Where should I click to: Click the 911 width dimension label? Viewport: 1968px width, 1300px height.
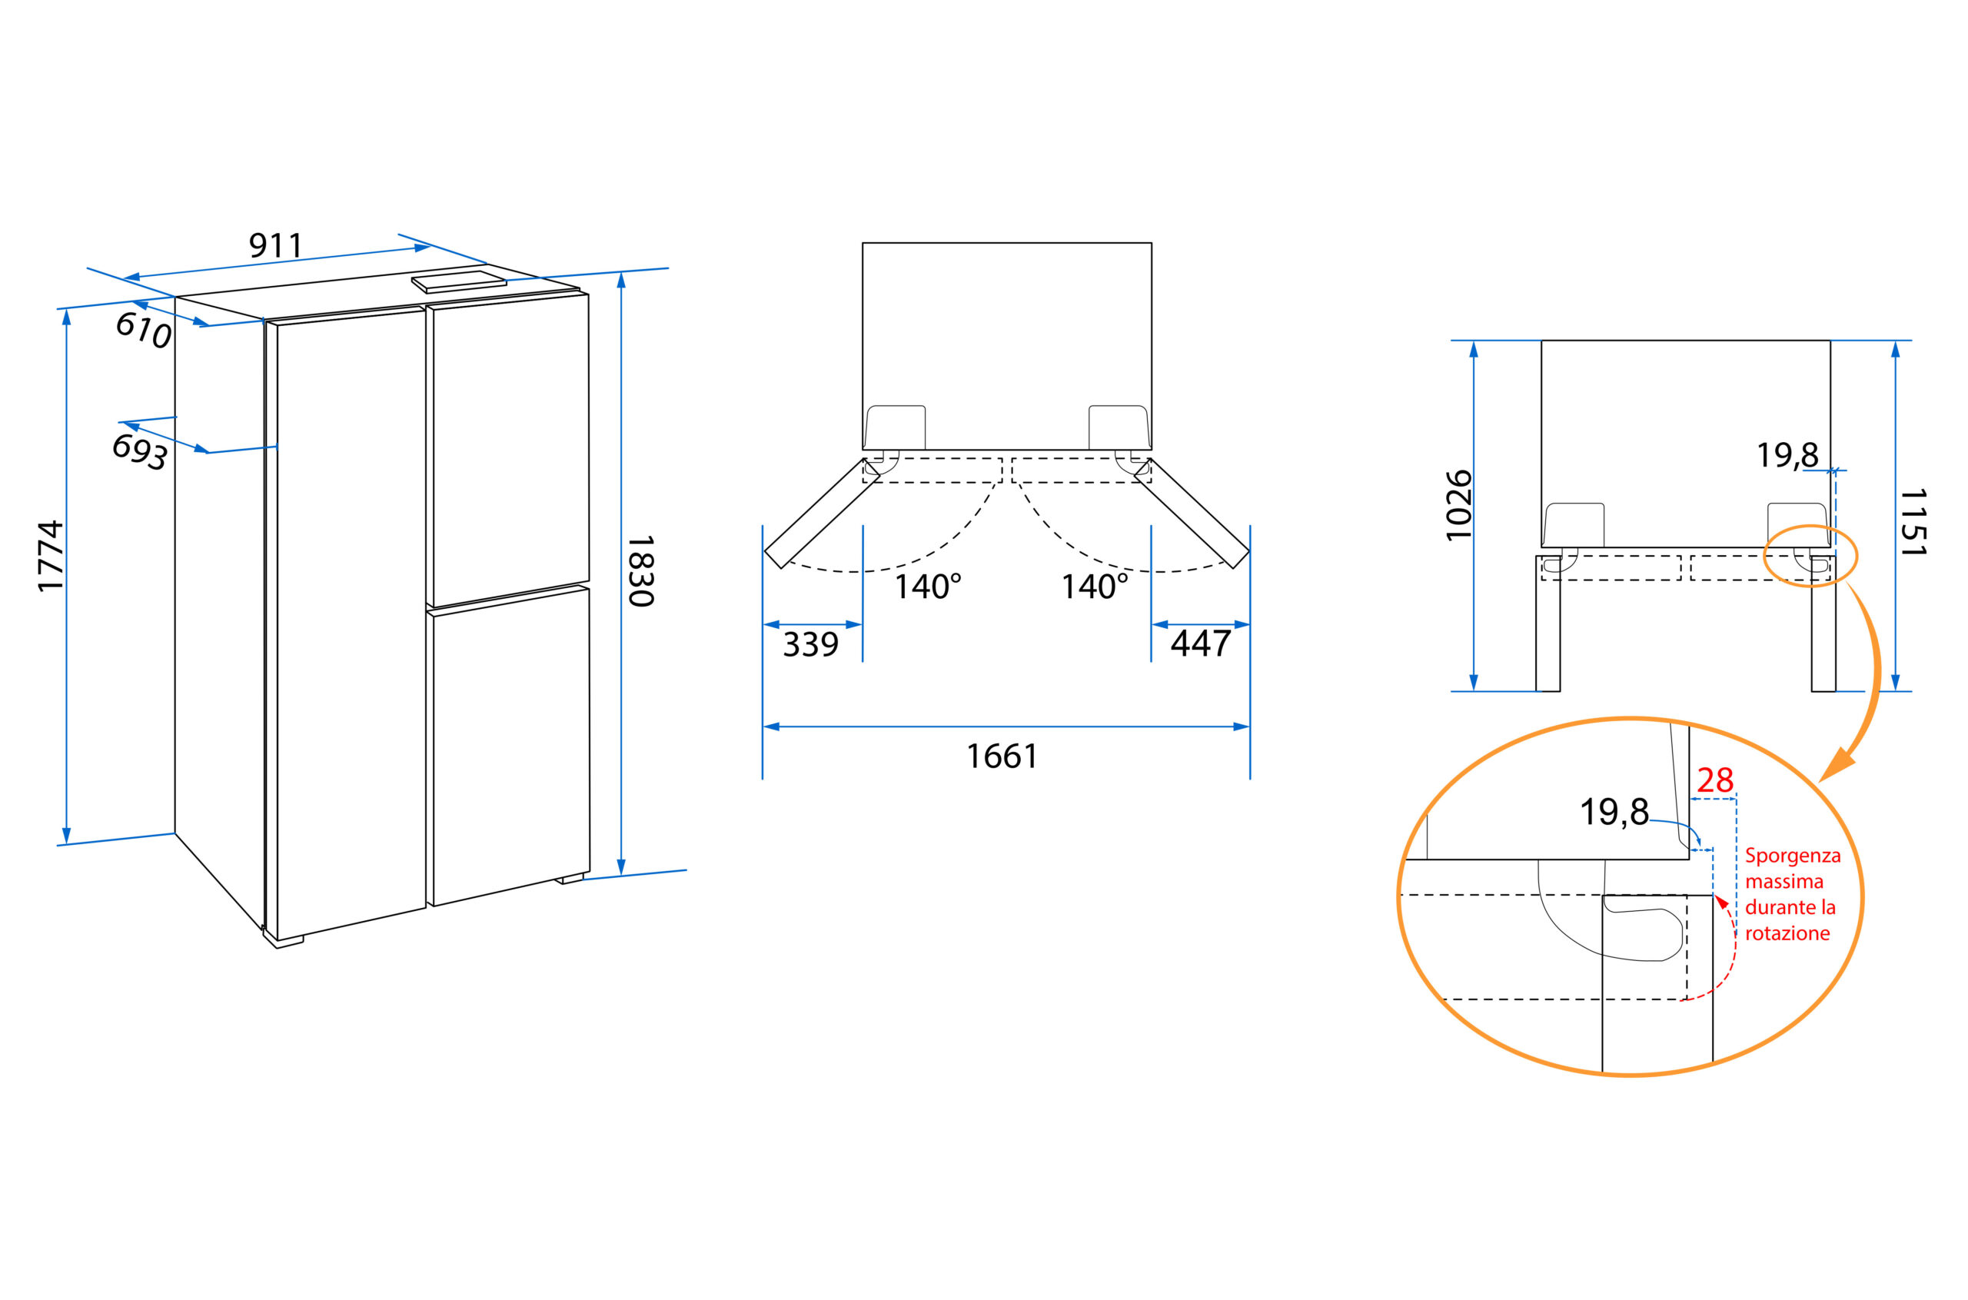tap(276, 245)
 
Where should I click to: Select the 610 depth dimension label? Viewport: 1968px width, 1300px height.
tap(144, 330)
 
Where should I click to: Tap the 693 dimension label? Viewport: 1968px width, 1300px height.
tap(140, 452)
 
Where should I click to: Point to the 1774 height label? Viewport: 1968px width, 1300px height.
tap(51, 557)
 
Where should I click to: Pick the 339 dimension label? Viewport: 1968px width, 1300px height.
tap(811, 644)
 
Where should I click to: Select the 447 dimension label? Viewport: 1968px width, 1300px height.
tap(1200, 643)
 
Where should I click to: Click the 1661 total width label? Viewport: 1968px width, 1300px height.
tap(1002, 756)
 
